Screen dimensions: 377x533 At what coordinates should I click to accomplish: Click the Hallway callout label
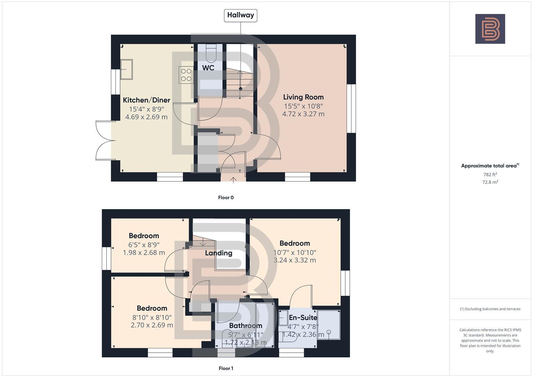[240, 15]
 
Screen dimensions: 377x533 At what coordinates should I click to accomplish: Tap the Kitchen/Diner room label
[146, 100]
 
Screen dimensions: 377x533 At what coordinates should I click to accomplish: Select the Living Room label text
[303, 97]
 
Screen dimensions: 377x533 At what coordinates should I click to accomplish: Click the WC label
[208, 68]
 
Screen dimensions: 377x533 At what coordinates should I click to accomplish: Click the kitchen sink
[126, 69]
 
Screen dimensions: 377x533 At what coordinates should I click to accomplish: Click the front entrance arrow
[233, 180]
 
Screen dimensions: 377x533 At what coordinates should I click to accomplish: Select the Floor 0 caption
[226, 198]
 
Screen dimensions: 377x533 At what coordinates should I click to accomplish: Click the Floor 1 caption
[226, 368]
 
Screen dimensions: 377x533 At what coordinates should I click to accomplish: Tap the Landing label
[219, 253]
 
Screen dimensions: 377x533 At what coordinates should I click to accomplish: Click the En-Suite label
[303, 318]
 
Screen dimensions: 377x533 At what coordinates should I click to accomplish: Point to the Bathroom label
[245, 326]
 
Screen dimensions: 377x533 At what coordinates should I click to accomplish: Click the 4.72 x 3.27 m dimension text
[303, 114]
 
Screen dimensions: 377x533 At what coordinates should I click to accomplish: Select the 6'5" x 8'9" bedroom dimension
[144, 245]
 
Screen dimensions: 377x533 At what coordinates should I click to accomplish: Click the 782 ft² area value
[490, 175]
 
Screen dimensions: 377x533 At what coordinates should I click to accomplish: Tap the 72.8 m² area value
[490, 182]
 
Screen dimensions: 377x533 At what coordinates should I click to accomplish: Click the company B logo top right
[490, 29]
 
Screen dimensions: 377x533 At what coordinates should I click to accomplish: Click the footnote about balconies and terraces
[490, 309]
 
